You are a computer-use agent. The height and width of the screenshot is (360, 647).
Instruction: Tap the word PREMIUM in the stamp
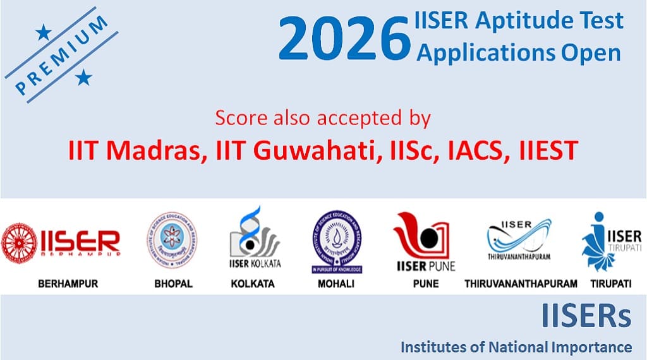pyautogui.click(x=61, y=56)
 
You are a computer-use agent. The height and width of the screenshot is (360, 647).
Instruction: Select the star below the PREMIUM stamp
pyautogui.click(x=83, y=78)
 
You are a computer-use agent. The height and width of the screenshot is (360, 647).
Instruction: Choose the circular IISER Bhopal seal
pyautogui.click(x=171, y=241)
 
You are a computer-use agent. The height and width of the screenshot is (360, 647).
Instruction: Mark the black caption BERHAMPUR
pyautogui.click(x=68, y=284)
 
